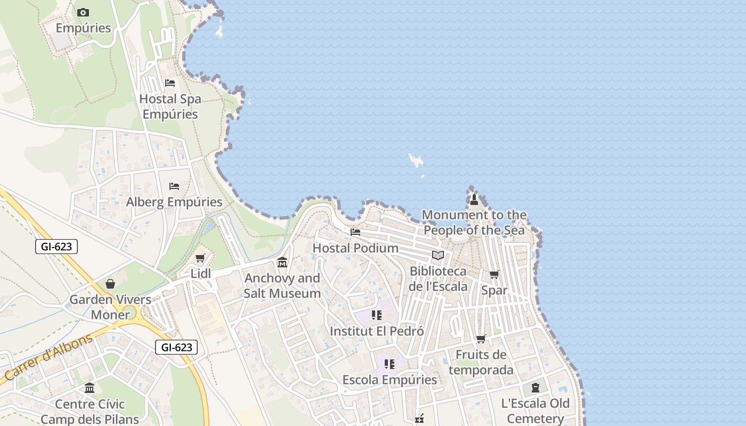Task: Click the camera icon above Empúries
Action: coord(83,12)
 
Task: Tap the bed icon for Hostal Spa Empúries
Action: coord(170,83)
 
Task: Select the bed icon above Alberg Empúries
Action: coord(174,186)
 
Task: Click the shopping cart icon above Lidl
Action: coord(200,258)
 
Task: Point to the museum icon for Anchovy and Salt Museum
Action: coord(282,262)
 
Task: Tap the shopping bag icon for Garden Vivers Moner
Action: coord(110,284)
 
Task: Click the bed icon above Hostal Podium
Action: coord(355,232)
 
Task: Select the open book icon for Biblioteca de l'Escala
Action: coord(438,256)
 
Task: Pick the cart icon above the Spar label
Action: coord(494,275)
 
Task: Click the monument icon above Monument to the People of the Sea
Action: coord(474,199)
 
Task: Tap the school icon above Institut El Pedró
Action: coord(377,315)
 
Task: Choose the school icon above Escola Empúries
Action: coord(390,364)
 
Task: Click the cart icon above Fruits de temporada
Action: coord(481,339)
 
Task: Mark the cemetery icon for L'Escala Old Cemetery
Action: coord(536,388)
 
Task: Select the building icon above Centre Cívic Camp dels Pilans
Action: coord(90,388)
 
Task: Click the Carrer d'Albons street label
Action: coord(48,358)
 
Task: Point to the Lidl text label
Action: coord(201,274)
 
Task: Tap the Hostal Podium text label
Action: coord(355,248)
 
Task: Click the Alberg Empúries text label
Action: coord(174,202)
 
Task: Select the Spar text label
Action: coord(494,291)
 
